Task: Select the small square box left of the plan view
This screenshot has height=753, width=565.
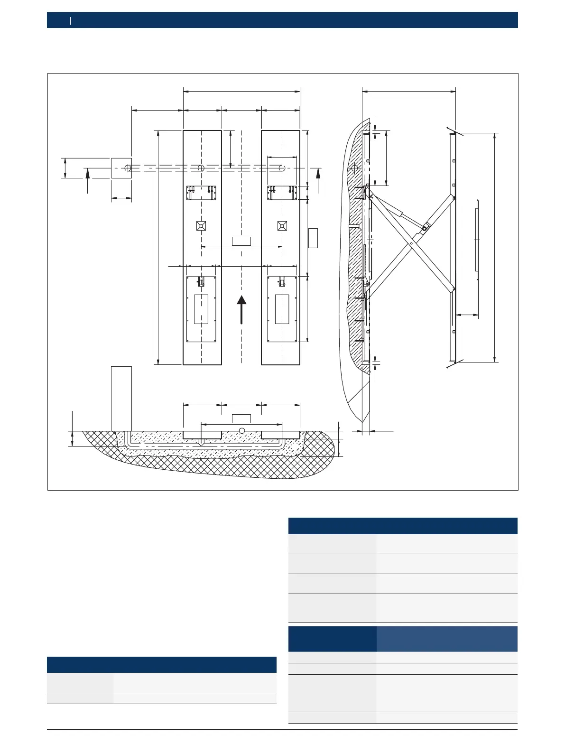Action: pos(121,168)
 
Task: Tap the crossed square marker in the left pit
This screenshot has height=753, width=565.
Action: pos(201,226)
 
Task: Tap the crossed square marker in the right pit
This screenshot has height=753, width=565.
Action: pos(282,226)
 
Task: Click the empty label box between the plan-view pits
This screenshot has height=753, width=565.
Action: pos(241,241)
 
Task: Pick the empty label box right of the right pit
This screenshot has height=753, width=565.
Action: pos(313,238)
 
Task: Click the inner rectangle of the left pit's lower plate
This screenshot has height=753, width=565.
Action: pos(201,309)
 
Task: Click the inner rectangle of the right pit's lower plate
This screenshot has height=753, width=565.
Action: pos(282,309)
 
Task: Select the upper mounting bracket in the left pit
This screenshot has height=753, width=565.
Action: pos(201,193)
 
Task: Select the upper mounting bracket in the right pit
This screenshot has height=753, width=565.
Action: pos(282,193)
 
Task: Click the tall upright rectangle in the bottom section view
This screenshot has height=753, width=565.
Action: pos(121,399)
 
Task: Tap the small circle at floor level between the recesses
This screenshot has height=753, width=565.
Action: pos(242,430)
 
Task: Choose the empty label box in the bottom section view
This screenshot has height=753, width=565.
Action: pos(241,418)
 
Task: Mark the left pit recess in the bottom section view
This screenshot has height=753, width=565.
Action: pos(203,435)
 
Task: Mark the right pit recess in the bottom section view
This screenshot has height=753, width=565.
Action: pos(280,435)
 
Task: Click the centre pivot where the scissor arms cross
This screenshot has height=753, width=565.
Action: pos(411,244)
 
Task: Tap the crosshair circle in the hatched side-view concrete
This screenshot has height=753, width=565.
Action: pos(354,168)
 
